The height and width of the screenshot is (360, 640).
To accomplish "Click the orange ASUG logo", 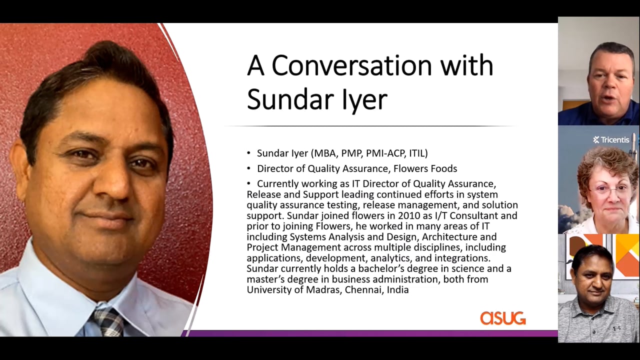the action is tap(503, 318).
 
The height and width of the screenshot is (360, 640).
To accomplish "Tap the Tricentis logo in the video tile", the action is tap(611, 139).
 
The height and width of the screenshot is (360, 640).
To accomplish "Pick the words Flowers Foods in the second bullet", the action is tap(425, 168).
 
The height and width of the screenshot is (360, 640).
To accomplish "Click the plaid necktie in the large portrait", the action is tap(108, 323).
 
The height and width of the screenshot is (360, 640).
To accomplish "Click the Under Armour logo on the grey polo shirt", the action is tap(617, 328).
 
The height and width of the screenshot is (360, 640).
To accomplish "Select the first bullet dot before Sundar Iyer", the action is tap(248, 153).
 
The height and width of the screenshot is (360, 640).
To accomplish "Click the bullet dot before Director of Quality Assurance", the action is tap(248, 168).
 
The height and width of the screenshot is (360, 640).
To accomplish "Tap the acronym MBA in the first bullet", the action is tap(324, 153).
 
